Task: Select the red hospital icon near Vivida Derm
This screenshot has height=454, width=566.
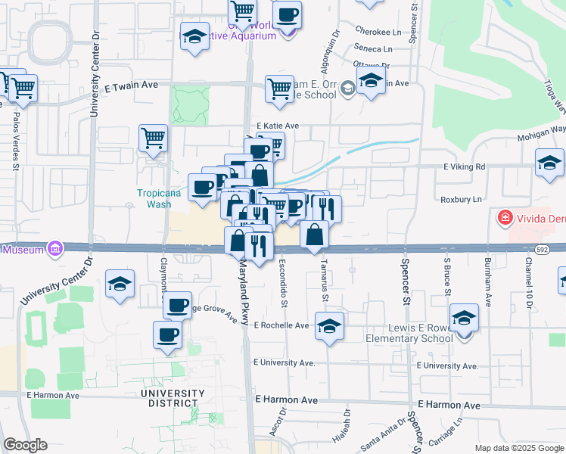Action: pyautogui.click(x=503, y=219)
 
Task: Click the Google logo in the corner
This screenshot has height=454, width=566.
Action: pyautogui.click(x=25, y=445)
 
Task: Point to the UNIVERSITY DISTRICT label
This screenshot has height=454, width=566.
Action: pyautogui.click(x=173, y=398)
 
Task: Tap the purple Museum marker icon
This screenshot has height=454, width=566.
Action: pyautogui.click(x=54, y=248)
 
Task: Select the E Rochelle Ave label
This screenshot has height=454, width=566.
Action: pyautogui.click(x=281, y=325)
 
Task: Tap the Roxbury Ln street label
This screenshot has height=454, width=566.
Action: pyautogui.click(x=461, y=200)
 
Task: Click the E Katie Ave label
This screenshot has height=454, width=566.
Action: pyautogui.click(x=278, y=126)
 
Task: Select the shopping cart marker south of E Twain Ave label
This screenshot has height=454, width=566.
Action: pyautogui.click(x=154, y=139)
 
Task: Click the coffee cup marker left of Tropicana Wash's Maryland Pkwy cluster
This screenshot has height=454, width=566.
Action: pyautogui.click(x=202, y=187)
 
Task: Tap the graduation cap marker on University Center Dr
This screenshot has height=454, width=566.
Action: pyautogui.click(x=120, y=285)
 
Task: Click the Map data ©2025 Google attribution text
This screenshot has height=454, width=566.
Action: pyautogui.click(x=518, y=448)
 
